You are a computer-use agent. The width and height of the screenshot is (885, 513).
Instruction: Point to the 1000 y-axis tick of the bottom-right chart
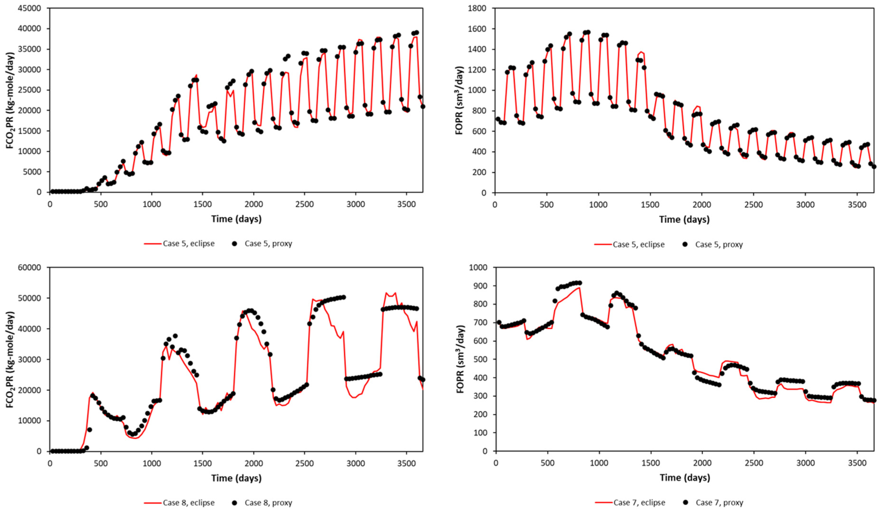(x=478, y=267)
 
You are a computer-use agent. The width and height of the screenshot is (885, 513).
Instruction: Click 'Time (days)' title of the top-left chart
(x=236, y=219)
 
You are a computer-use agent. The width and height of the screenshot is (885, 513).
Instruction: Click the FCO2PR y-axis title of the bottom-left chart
(x=10, y=359)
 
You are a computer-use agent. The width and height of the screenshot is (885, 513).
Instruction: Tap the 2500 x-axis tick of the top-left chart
(x=304, y=204)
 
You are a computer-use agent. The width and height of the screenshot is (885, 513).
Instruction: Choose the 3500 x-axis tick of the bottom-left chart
(x=406, y=463)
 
